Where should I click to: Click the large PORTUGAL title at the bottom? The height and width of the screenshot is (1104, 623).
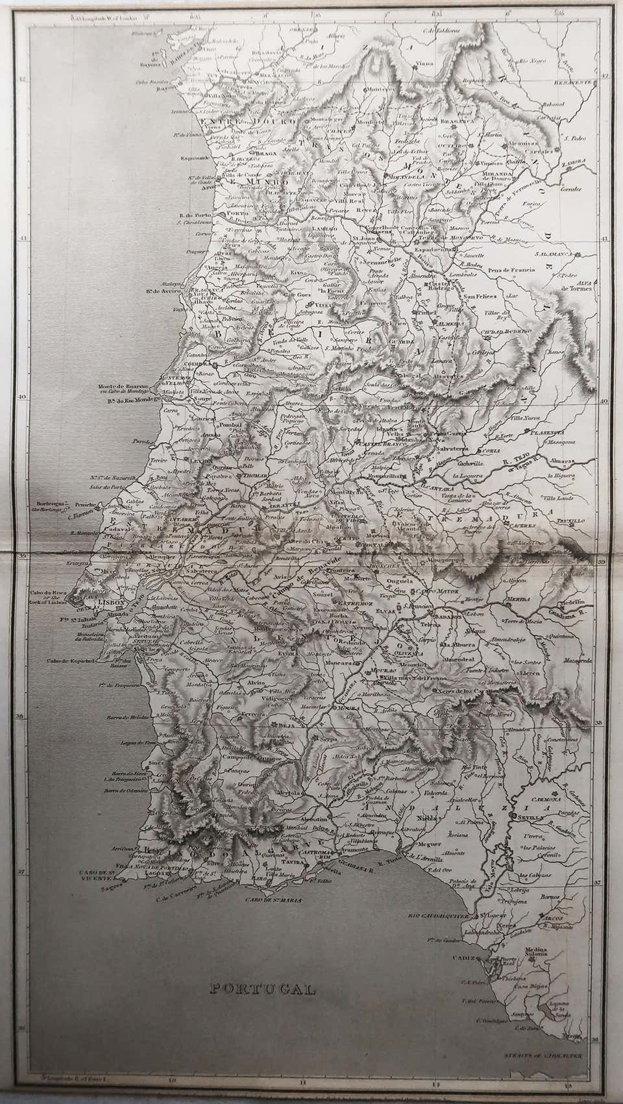point(262,989)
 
